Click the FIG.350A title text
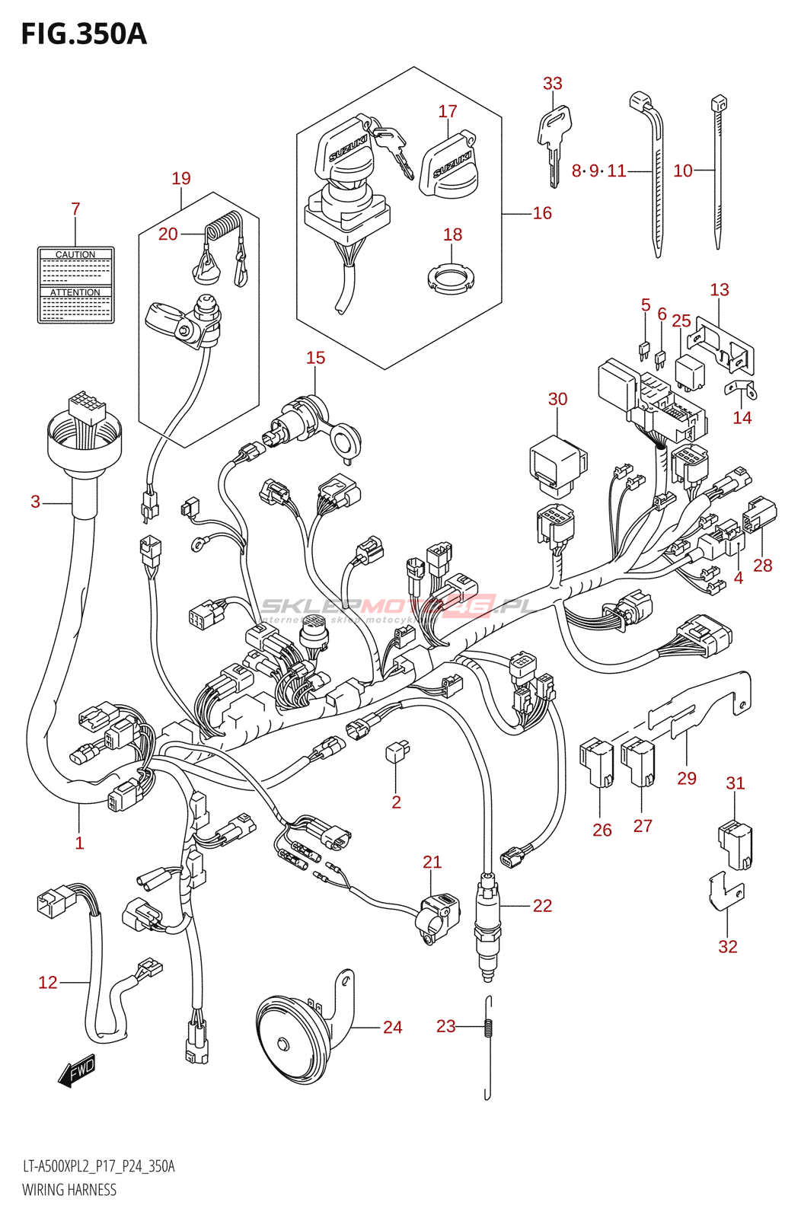click(84, 34)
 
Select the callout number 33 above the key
click(553, 84)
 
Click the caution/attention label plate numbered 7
click(76, 285)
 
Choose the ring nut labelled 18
click(451, 278)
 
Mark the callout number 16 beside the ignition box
click(542, 213)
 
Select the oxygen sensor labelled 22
click(487, 925)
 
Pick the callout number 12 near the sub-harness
click(48, 983)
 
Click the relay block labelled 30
click(557, 461)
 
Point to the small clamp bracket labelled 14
click(739, 390)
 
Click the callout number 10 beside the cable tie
click(683, 171)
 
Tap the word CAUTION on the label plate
click(75, 255)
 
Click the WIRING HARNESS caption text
click(69, 1190)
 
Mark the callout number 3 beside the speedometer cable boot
click(36, 502)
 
